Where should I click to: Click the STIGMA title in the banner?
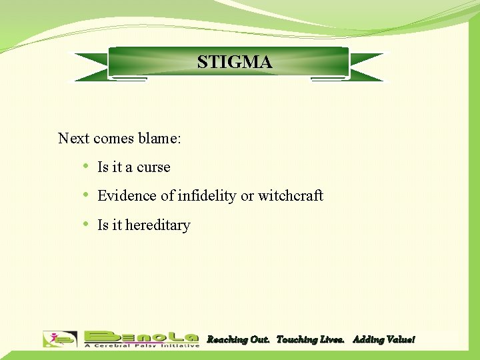pos(235,62)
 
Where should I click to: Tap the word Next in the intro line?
pos(73,139)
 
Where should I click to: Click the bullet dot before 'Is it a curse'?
pos(87,167)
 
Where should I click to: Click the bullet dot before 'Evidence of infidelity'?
pos(87,195)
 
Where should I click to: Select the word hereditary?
pos(158,225)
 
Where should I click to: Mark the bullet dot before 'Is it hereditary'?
pos(87,225)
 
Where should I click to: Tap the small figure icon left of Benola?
pos(60,339)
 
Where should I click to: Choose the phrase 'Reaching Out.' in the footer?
pos(239,340)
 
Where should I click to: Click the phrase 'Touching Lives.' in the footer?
pos(311,340)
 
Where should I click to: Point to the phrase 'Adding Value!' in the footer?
pos(383,340)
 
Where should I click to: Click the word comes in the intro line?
pos(114,139)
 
